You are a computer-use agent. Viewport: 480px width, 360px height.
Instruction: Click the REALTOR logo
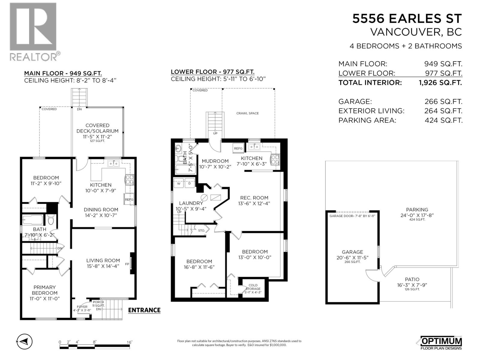click(33, 31)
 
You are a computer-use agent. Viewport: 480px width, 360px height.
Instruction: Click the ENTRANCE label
click(144, 310)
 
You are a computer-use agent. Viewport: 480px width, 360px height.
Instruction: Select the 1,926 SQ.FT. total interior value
click(440, 83)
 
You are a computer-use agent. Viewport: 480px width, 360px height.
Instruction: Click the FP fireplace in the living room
click(131, 263)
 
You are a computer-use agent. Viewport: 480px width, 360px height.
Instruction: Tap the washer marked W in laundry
click(179, 183)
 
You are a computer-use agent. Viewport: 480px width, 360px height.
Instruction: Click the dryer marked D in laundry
click(190, 183)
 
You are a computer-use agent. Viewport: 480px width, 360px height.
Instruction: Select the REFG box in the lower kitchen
click(238, 148)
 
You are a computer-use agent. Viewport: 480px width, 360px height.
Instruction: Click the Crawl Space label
click(247, 113)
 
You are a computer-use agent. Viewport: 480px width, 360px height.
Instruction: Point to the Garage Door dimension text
click(352, 216)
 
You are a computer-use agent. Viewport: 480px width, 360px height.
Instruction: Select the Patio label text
click(412, 279)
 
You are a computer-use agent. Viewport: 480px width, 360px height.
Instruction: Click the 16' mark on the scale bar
click(130, 342)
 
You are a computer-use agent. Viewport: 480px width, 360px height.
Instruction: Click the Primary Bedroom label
click(45, 290)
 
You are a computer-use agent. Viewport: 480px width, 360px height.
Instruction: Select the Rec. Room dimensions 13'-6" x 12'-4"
click(254, 203)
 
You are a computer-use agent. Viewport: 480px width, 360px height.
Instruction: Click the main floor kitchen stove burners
click(129, 179)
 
